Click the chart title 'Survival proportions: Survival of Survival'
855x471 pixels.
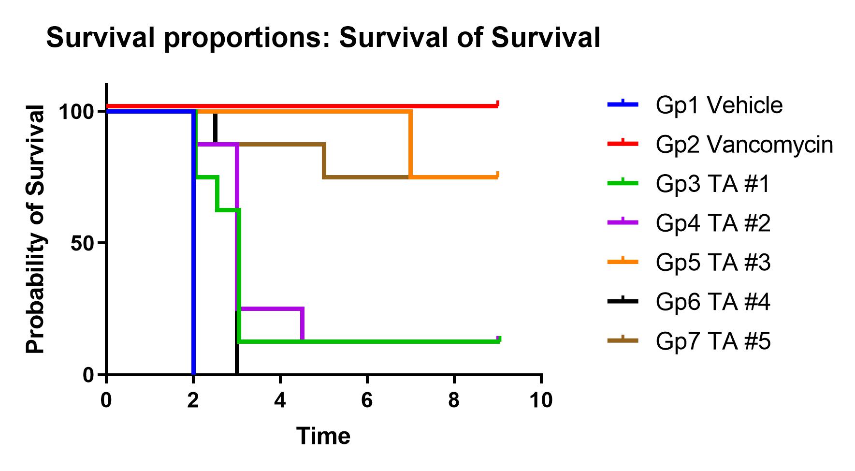pyautogui.click(x=323, y=38)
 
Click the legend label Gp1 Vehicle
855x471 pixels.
pyautogui.click(x=719, y=105)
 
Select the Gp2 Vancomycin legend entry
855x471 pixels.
pyautogui.click(x=744, y=144)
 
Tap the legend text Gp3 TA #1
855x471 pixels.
pyautogui.click(x=713, y=184)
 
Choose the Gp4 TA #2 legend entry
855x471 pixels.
pyautogui.click(x=713, y=223)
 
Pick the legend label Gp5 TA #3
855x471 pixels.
pyautogui.click(x=713, y=263)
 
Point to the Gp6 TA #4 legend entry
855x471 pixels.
pyautogui.click(x=713, y=302)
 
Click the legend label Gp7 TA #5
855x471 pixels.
pyautogui.click(x=713, y=341)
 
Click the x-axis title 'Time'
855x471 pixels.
pyautogui.click(x=323, y=436)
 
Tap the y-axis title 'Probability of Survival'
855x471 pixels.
pyautogui.click(x=36, y=229)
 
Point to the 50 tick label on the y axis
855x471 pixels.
pyautogui.click(x=82, y=243)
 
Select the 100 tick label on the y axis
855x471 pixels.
pyautogui.click(x=76, y=112)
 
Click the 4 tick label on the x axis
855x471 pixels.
pyautogui.click(x=280, y=400)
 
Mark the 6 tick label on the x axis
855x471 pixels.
pyautogui.click(x=367, y=400)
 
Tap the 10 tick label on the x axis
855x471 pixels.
pyautogui.click(x=541, y=400)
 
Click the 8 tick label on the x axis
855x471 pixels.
pyautogui.click(x=454, y=400)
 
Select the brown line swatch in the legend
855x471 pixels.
pyautogui.click(x=623, y=340)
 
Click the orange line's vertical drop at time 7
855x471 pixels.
pyautogui.click(x=410, y=144)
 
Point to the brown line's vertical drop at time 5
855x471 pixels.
pyautogui.click(x=324, y=161)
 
